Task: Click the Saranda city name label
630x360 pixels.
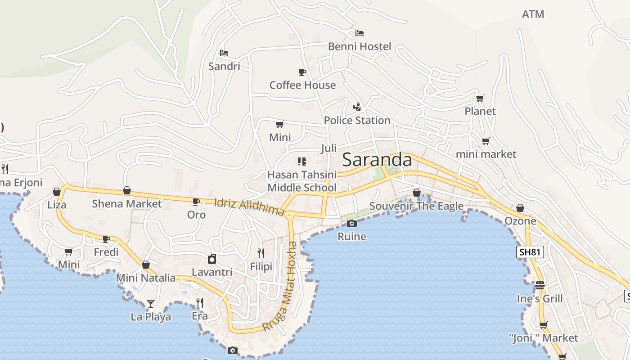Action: tap(377, 160)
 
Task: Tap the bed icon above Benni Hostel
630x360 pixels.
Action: tap(359, 33)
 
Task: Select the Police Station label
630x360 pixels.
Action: tap(357, 120)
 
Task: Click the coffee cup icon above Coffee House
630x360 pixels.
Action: tap(302, 72)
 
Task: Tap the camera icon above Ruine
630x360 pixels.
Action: tap(352, 224)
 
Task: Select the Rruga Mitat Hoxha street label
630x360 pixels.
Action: tap(286, 286)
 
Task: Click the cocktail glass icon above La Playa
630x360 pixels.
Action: tap(150, 304)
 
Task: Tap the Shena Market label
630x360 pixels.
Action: tap(126, 203)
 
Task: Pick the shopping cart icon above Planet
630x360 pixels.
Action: tap(480, 98)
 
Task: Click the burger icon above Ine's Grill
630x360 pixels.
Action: tap(540, 285)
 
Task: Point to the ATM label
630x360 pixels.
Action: tap(533, 14)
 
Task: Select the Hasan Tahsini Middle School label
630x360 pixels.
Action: tap(302, 181)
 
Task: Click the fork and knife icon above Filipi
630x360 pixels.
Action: tap(261, 253)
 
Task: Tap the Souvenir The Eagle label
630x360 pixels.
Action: tap(416, 206)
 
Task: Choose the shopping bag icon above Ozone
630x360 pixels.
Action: tap(520, 208)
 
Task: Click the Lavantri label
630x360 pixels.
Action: tap(212, 272)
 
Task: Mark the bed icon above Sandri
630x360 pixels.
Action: tap(224, 53)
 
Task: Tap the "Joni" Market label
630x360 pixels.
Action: tap(543, 337)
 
